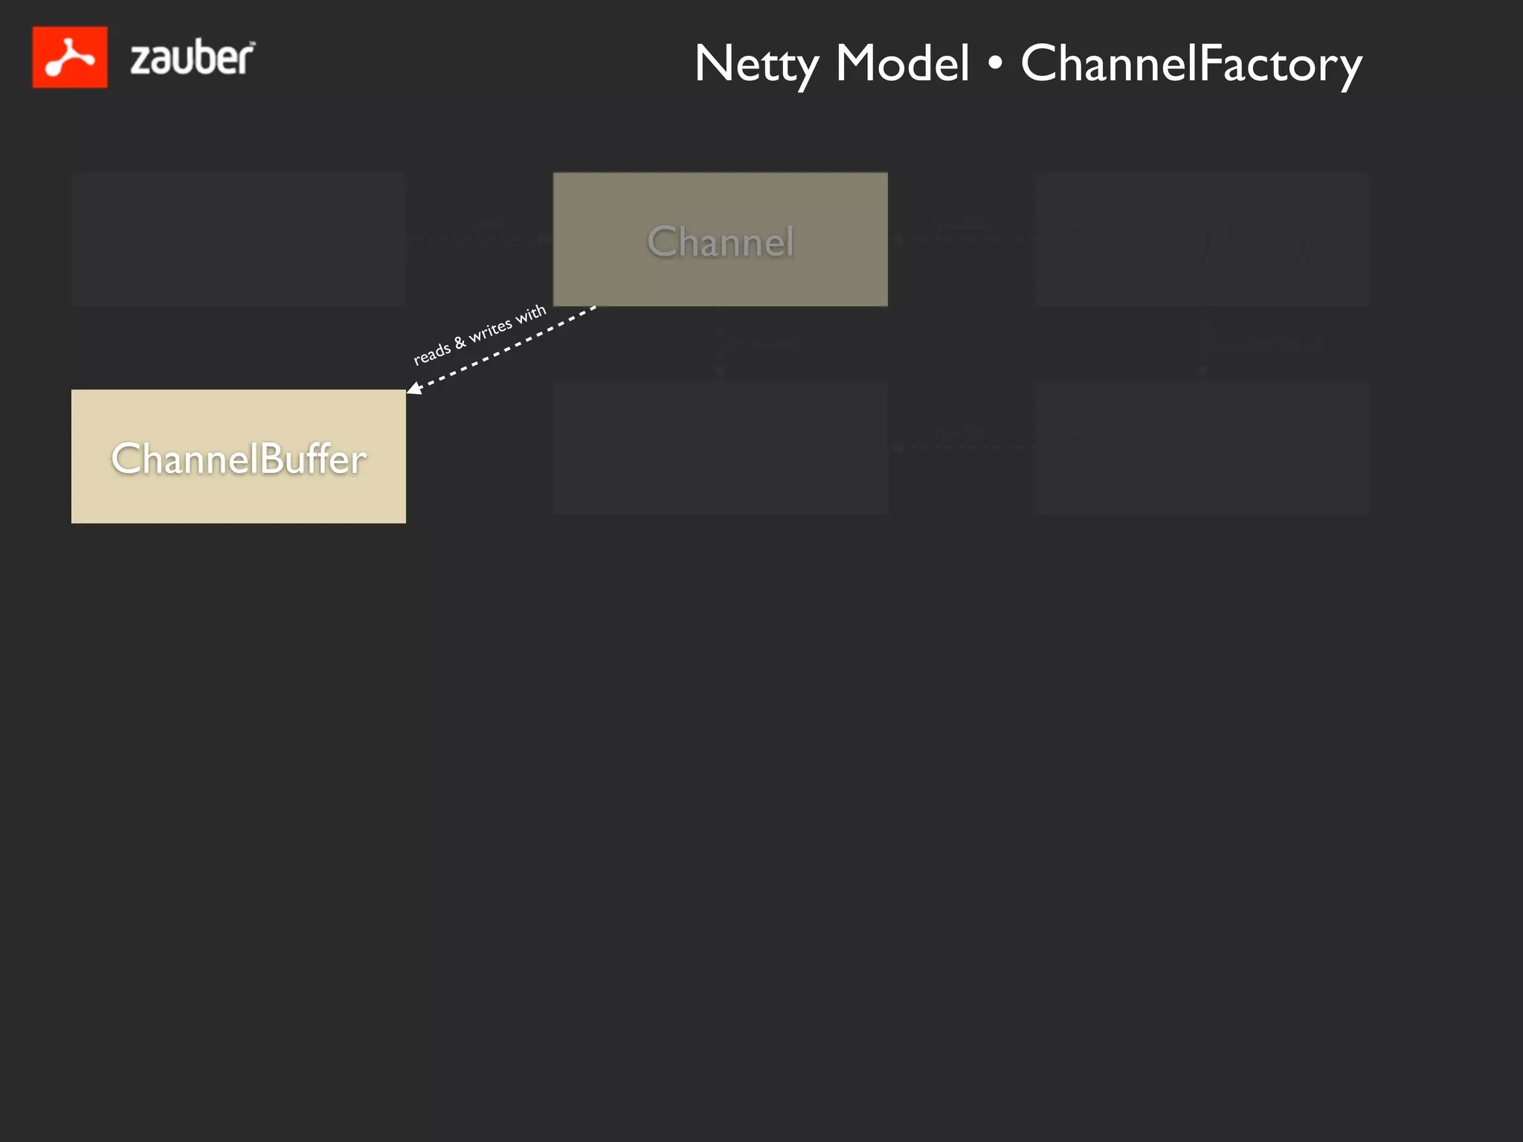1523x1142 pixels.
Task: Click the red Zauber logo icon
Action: pyautogui.click(x=70, y=57)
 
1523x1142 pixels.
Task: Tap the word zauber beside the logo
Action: pyautogui.click(x=192, y=58)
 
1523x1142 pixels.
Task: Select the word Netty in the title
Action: pyautogui.click(x=756, y=64)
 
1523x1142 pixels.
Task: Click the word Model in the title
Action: pyautogui.click(x=902, y=64)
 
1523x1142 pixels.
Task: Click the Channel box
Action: pyautogui.click(x=720, y=239)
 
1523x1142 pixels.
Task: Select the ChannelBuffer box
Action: pyautogui.click(x=238, y=457)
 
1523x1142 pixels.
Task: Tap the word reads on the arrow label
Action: pyautogui.click(x=431, y=353)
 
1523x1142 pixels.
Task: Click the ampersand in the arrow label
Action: pyautogui.click(x=460, y=341)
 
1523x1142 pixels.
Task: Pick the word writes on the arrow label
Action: pyautogui.click(x=490, y=329)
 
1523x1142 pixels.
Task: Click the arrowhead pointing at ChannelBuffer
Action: pyautogui.click(x=414, y=388)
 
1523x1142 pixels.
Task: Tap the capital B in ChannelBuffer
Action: pyautogui.click(x=273, y=458)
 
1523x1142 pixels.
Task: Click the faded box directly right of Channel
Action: pyautogui.click(x=1202, y=239)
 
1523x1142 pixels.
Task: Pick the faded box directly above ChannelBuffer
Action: pyautogui.click(x=238, y=239)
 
